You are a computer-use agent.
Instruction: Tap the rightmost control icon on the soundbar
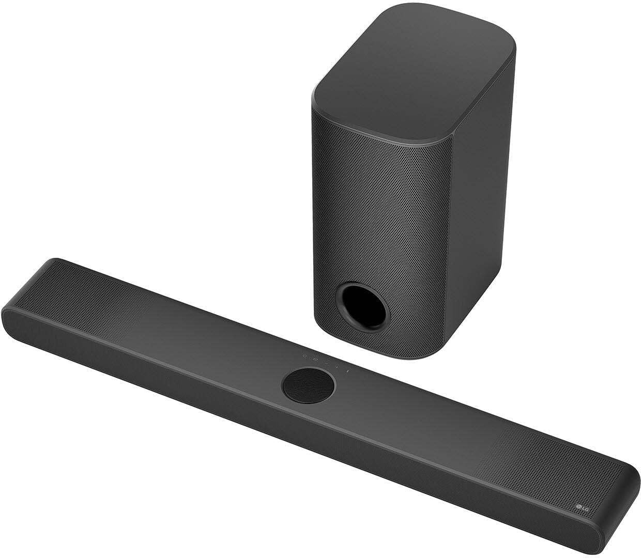(x=347, y=371)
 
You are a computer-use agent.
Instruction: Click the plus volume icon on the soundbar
(x=337, y=368)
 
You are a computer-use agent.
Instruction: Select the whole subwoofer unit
(x=408, y=181)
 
